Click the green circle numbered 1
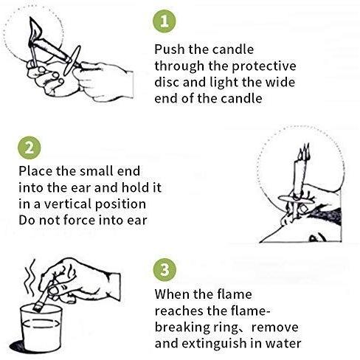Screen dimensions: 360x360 pyautogui.click(x=165, y=21)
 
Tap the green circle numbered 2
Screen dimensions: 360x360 pyautogui.click(x=30, y=148)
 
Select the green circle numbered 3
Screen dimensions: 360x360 pyautogui.click(x=165, y=270)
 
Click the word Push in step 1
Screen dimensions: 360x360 pyautogui.click(x=170, y=49)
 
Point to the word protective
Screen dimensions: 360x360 pyautogui.click(x=264, y=66)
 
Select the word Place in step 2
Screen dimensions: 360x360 pyautogui.click(x=35, y=171)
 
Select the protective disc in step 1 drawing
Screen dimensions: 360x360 pyautogui.click(x=72, y=60)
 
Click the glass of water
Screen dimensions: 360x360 pyautogui.click(x=41, y=328)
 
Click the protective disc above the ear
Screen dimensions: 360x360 pyautogui.click(x=296, y=199)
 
